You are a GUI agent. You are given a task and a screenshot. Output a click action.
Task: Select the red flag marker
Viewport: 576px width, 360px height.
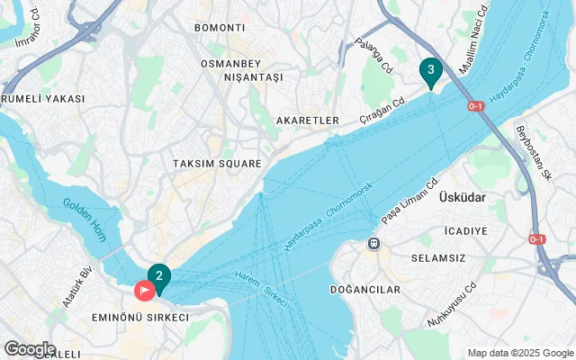144,292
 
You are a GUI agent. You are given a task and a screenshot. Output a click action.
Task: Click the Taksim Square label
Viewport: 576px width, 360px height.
217,164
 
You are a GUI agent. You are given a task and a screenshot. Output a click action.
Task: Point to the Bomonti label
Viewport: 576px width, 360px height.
220,28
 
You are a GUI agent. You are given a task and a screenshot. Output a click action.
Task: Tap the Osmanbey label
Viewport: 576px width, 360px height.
229,63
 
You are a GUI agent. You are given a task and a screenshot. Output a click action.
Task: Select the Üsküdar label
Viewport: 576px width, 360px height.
463,197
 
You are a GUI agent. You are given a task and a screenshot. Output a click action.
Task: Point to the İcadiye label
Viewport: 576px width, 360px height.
465,231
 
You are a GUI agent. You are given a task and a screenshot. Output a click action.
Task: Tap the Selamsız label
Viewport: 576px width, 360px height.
463,259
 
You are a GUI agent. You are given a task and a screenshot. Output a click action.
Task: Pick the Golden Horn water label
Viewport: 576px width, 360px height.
85,217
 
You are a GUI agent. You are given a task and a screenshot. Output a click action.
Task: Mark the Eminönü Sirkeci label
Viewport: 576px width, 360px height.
140,318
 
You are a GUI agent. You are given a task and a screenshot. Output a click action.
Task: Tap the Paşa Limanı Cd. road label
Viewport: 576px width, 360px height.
409,201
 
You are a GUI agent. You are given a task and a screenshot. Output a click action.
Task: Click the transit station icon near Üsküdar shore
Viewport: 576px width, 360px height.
373,243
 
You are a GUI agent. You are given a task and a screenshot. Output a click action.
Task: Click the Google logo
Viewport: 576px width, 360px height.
30,349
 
